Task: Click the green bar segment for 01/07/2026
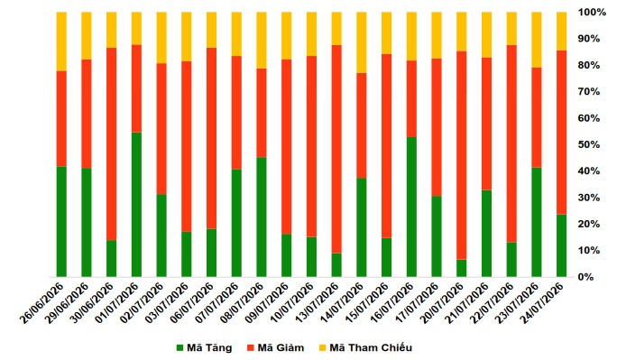tap(136, 205)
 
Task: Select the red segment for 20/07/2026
tap(462, 155)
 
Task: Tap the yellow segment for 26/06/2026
tap(61, 42)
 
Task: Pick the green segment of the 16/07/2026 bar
tap(411, 207)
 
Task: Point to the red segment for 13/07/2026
tap(336, 149)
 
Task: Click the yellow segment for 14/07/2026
tap(362, 42)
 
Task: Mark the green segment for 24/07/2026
tap(561, 245)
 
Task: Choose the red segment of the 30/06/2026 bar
tap(111, 144)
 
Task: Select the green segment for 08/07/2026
tap(262, 217)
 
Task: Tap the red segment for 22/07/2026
tap(511, 143)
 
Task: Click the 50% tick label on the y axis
tap(589, 144)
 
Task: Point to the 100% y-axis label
tap(592, 13)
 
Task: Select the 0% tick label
tap(585, 277)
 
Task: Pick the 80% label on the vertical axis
tap(589, 65)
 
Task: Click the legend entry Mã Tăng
tap(205, 347)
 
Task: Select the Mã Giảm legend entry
tap(276, 347)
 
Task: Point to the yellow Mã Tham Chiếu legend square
tap(322, 347)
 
